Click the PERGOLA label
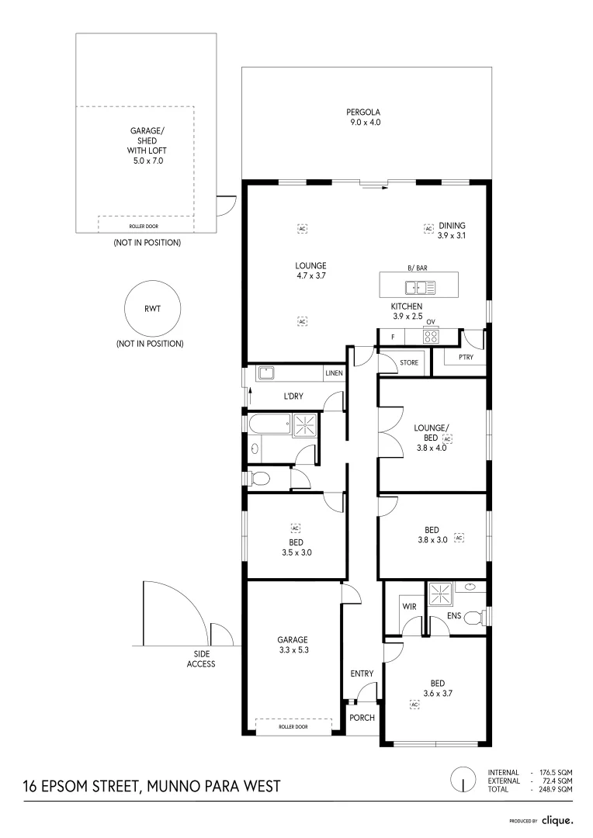363,113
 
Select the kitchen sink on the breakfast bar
420,288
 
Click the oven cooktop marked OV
431,337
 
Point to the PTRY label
466,357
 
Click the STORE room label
409,362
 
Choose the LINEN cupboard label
335,373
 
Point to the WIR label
409,607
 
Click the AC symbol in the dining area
428,229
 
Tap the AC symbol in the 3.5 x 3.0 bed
296,528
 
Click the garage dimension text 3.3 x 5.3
293,650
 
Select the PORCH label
362,718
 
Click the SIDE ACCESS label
201,659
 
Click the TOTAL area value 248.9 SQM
556,789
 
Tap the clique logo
557,820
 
